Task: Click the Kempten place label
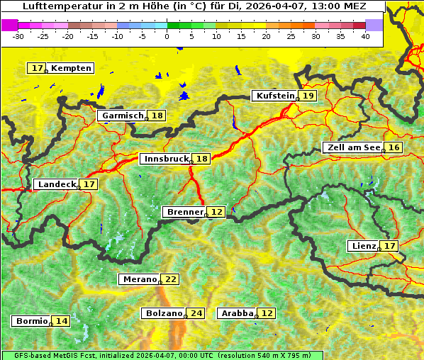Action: pos(72,68)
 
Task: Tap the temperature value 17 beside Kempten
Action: pos(38,68)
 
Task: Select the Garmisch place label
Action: pos(123,116)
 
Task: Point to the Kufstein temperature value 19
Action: pos(308,96)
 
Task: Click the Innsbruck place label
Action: pos(166,159)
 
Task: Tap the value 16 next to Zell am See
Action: pos(394,147)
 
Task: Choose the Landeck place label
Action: pos(57,184)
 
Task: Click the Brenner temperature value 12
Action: pos(216,212)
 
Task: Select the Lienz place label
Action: pos(364,246)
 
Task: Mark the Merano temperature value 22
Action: pos(171,279)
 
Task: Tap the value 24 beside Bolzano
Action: pos(196,313)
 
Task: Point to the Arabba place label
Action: pos(238,313)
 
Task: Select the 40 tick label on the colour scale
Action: pos(365,35)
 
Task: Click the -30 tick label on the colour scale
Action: pos(18,35)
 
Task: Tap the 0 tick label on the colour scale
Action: pos(167,35)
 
